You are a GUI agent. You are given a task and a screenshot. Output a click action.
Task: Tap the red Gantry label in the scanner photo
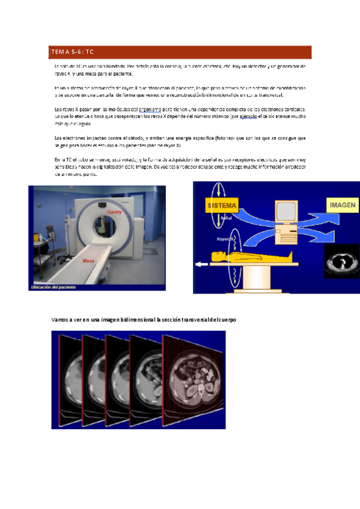[114, 212]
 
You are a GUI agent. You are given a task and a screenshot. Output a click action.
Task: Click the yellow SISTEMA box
[222, 205]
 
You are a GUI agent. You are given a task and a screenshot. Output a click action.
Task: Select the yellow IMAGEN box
[343, 205]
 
